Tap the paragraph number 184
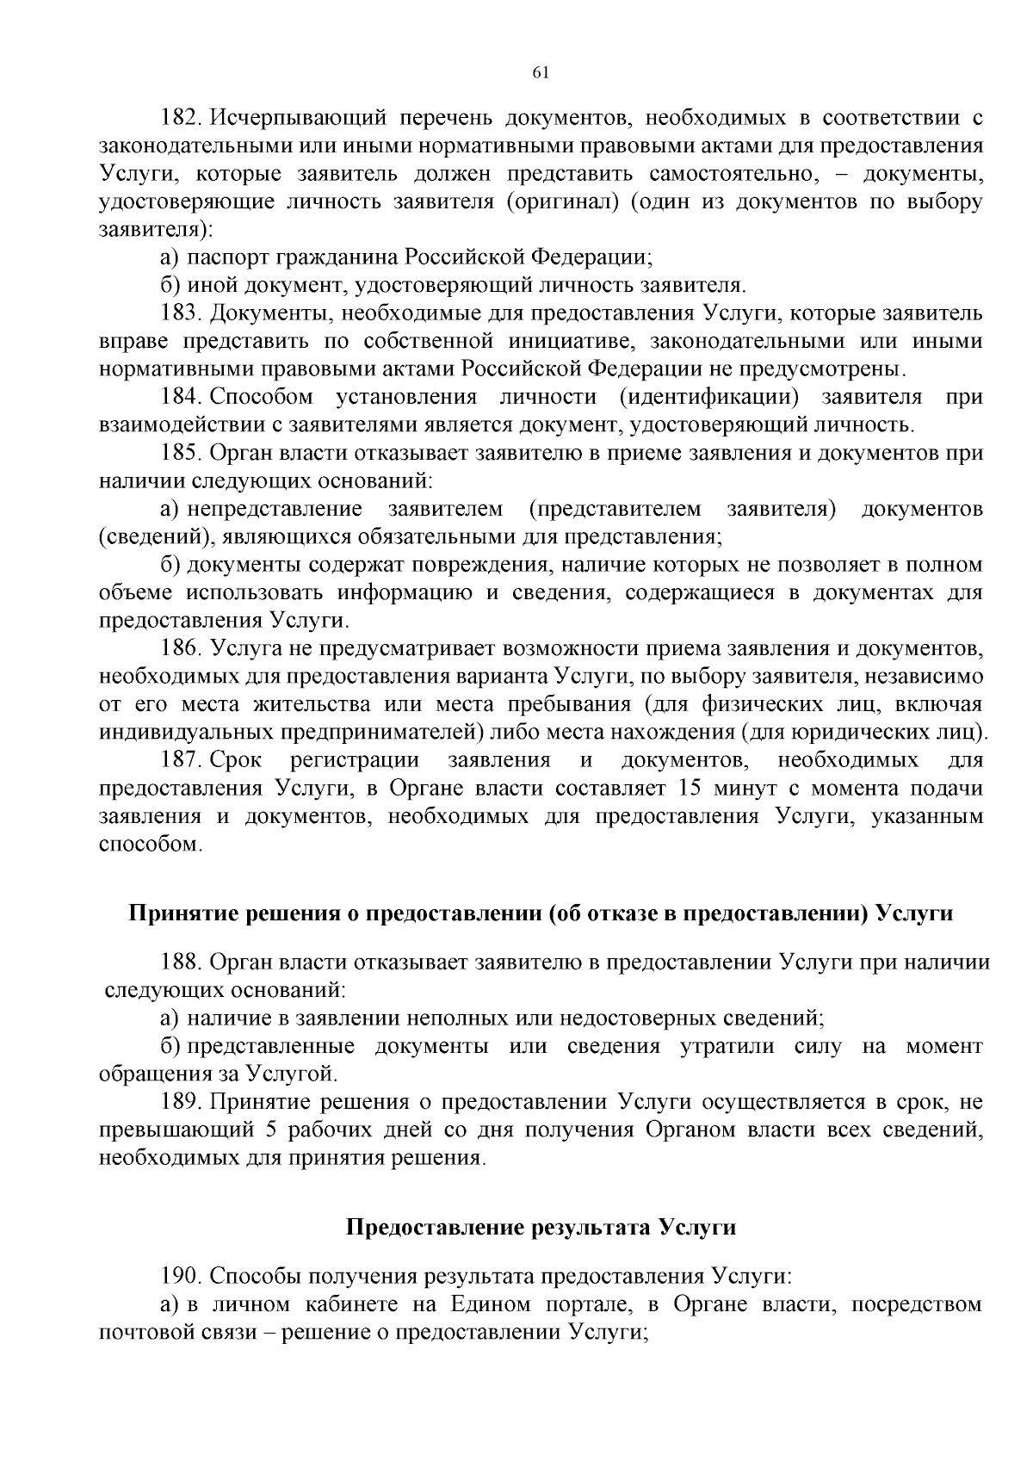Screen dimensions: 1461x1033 pos(181,397)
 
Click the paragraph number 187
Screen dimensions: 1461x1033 pos(181,760)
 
